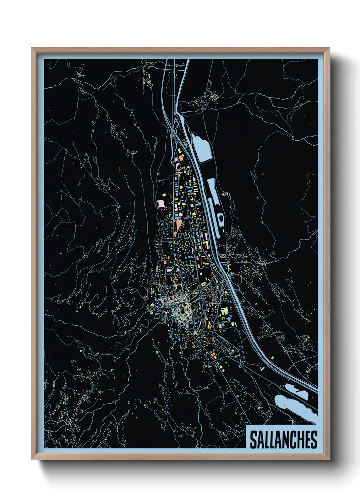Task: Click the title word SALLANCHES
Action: click(283, 440)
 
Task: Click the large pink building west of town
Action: click(161, 203)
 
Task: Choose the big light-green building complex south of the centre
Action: click(225, 311)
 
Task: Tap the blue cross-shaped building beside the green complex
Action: click(229, 318)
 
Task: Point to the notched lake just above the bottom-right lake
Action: click(296, 392)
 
